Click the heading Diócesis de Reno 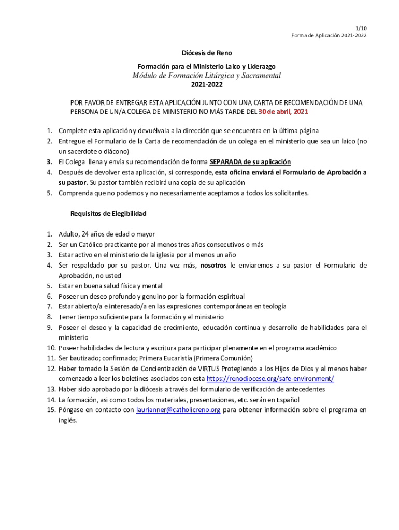[206, 53]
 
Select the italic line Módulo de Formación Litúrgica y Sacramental [206, 75]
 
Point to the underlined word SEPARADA [230, 162]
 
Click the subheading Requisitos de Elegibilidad [108, 213]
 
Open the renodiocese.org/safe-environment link [270, 379]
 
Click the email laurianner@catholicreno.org [178, 410]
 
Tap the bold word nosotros [214, 265]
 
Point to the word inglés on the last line [67, 420]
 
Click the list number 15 [51, 410]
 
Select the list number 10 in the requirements [51, 348]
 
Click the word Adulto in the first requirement [69, 234]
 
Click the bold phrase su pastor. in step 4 [73, 183]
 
